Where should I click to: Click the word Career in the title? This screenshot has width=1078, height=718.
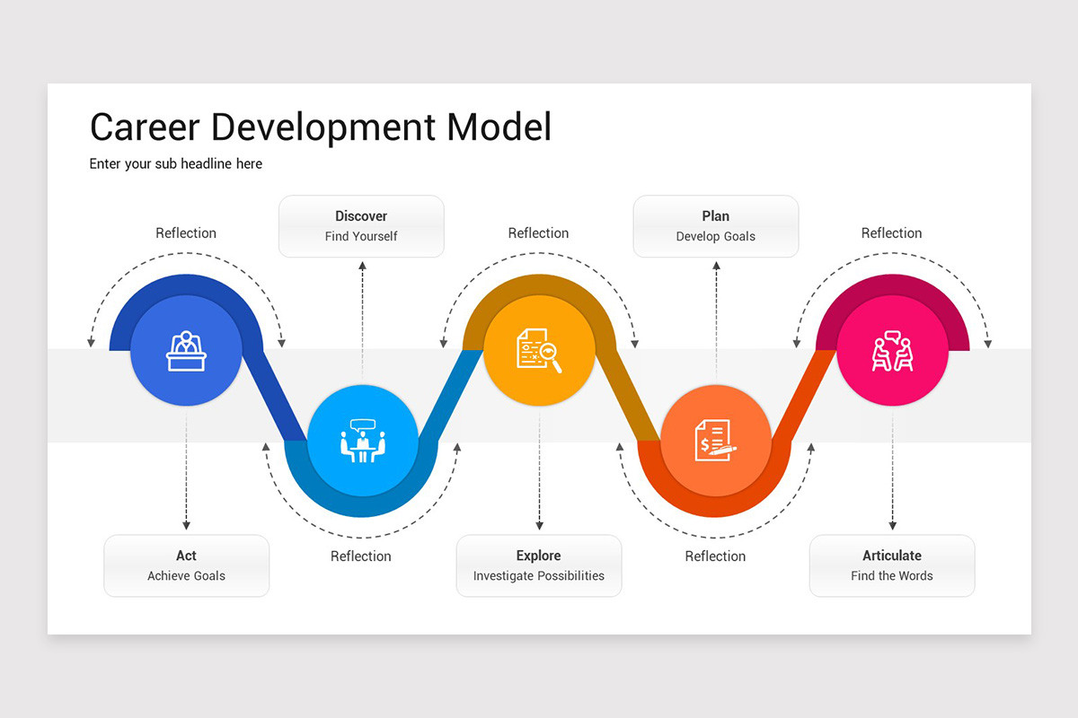(x=145, y=127)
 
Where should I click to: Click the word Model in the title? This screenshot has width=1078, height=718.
(x=499, y=127)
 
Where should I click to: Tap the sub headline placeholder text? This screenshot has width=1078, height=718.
(x=176, y=164)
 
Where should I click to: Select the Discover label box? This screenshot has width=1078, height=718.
(x=361, y=226)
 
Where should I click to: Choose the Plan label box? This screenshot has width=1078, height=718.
(x=716, y=226)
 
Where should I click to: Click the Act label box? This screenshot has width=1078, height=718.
(x=186, y=565)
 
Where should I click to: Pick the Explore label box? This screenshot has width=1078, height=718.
(x=539, y=565)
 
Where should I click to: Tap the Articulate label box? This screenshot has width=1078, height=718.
(x=892, y=565)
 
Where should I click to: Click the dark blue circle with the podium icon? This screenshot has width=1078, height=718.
(x=186, y=350)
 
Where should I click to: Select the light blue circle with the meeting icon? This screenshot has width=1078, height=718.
(x=363, y=441)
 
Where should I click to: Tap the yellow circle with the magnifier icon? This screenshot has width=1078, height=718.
(x=539, y=350)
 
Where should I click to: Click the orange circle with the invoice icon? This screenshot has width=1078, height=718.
(x=716, y=441)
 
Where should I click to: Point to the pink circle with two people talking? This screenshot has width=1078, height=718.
(x=892, y=350)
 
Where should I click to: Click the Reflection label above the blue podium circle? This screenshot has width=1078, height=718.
(x=186, y=233)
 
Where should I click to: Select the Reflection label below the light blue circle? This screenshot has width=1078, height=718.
(x=361, y=556)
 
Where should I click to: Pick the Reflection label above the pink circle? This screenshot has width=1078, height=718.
(x=892, y=233)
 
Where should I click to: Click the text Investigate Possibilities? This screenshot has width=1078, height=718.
(x=539, y=576)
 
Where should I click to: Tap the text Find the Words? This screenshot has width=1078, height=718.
(x=892, y=576)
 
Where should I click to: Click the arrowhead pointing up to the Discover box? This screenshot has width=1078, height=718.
(x=363, y=266)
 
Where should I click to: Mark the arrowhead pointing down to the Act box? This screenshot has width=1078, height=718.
(x=186, y=525)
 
